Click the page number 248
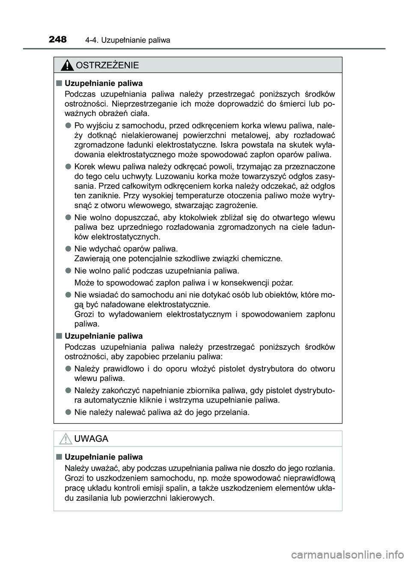click(x=58, y=40)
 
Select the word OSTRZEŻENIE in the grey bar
click(x=107, y=65)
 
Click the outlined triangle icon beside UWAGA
click(x=66, y=439)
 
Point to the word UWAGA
click(x=91, y=439)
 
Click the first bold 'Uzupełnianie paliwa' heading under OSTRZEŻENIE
click(x=104, y=83)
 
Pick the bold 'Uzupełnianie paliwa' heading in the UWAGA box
click(x=104, y=457)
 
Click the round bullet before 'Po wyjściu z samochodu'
click(x=68, y=125)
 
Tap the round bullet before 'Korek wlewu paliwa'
click(x=68, y=166)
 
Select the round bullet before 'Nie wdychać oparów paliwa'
click(x=68, y=248)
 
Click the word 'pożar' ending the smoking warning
click(x=283, y=282)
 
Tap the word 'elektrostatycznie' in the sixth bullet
click(x=180, y=305)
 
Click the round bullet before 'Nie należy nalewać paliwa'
click(x=68, y=412)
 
